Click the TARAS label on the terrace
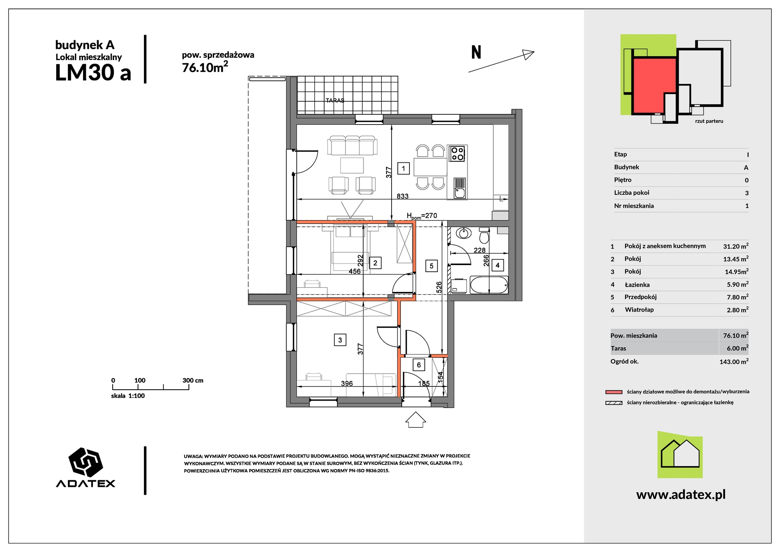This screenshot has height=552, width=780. coord(335,100)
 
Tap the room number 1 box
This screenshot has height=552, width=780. coord(403,168)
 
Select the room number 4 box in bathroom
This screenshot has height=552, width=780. coord(497,265)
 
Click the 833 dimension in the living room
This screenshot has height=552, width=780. coord(402,196)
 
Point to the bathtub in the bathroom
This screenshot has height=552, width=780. coord(489,285)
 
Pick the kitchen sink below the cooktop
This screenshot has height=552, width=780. coord(460,189)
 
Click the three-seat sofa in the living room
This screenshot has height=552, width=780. coord(352,146)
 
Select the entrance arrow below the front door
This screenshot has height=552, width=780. coord(415,419)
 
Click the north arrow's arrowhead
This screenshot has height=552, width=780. coord(528,54)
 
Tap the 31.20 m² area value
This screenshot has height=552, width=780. coord(736,246)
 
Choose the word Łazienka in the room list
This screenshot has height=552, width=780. coord(637,285)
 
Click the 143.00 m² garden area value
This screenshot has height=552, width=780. coord(734,361)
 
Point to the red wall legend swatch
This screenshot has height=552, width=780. coord(614,392)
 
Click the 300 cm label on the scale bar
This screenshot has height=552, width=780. coord(193,380)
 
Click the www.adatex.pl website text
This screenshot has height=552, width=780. coord(681,495)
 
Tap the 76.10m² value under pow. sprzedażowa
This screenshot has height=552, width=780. coord(205,67)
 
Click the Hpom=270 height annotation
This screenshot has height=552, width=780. coord(422,216)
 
